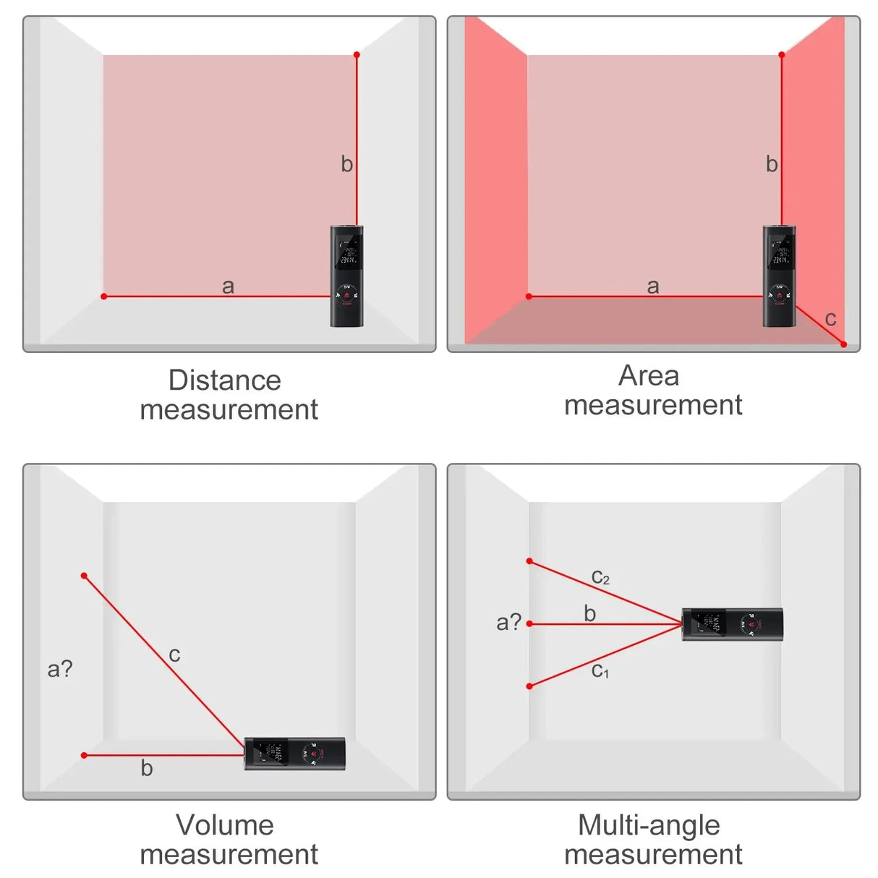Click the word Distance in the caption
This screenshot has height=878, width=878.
point(224,380)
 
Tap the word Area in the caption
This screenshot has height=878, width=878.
point(649,376)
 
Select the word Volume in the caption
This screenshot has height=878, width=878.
point(224,825)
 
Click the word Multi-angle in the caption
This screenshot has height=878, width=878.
point(649,825)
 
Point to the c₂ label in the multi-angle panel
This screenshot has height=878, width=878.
point(600,577)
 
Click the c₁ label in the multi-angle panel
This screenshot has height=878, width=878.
point(600,671)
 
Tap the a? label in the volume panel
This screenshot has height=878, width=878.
point(60,668)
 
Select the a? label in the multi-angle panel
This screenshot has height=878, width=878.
point(508,622)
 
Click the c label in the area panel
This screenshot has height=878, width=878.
point(830,318)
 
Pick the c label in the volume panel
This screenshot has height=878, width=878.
point(174,655)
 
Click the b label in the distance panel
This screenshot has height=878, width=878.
point(347,165)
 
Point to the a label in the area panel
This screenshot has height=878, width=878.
point(653,286)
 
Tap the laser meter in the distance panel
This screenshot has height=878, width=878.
point(347,276)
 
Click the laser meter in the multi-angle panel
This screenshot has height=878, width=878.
point(732,625)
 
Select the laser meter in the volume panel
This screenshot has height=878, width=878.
point(294,754)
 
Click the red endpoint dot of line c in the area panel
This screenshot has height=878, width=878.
point(843,344)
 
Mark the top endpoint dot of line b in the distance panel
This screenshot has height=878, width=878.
point(357,55)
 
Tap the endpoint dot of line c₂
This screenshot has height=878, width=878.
point(529,561)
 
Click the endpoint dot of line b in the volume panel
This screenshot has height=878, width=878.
point(85,755)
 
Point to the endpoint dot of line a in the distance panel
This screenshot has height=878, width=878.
point(104,297)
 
